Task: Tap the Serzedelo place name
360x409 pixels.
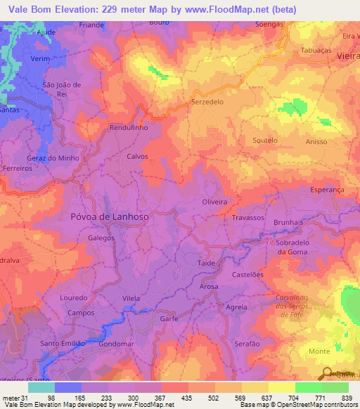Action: [x=207, y=101]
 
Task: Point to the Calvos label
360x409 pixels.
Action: [x=137, y=157]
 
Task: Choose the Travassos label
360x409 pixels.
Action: [x=247, y=219]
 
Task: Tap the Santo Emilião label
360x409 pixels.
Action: [x=63, y=343]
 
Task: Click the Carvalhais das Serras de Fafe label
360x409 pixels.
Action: [x=290, y=306]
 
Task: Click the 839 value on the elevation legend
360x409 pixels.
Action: [x=346, y=398]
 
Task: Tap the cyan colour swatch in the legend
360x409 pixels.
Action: [x=41, y=387]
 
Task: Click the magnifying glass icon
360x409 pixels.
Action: [x=327, y=372]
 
